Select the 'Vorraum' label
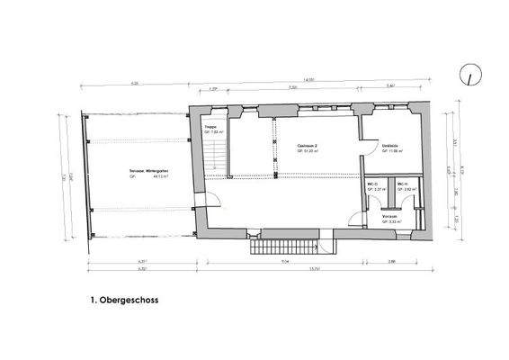[x=390, y=217]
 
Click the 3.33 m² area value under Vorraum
[x=390, y=221]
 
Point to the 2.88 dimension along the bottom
[x=393, y=262]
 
